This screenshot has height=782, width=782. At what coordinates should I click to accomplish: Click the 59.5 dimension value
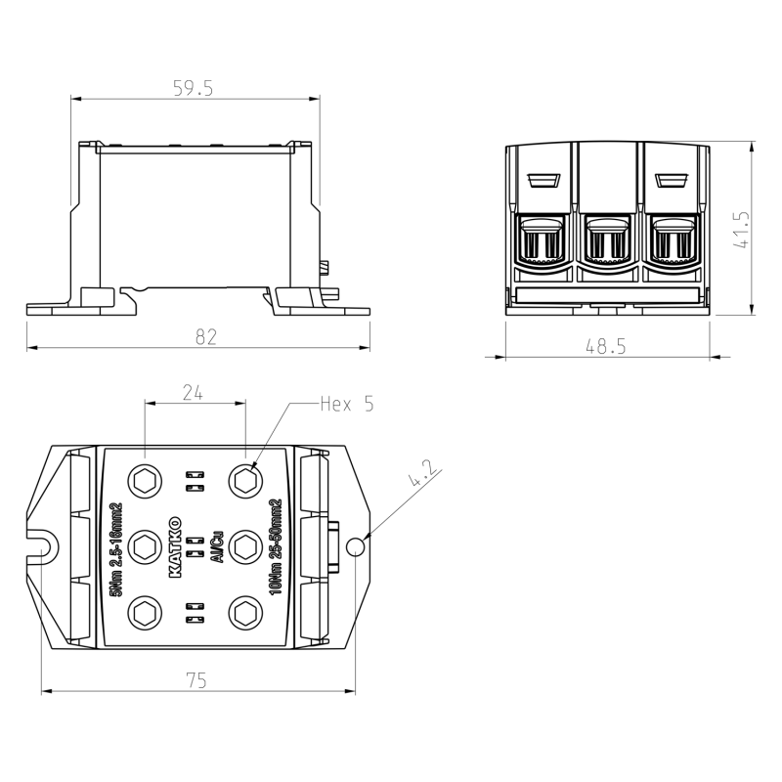tap(193, 89)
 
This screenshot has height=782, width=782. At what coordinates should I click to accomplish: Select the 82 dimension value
tap(205, 336)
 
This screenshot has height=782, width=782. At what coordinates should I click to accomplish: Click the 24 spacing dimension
tap(194, 392)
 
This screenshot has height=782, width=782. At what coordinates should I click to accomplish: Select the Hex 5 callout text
tap(347, 403)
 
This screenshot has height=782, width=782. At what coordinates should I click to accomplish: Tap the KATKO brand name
tap(177, 546)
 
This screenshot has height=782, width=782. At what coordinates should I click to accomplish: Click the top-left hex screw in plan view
tap(146, 481)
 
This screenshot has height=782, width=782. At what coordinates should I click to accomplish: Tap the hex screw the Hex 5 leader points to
tap(243, 481)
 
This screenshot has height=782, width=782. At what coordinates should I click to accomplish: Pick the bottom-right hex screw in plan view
tap(243, 613)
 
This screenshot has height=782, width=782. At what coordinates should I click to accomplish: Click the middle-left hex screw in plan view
tap(146, 546)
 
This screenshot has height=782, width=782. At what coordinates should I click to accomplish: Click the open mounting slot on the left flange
tap(40, 540)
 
